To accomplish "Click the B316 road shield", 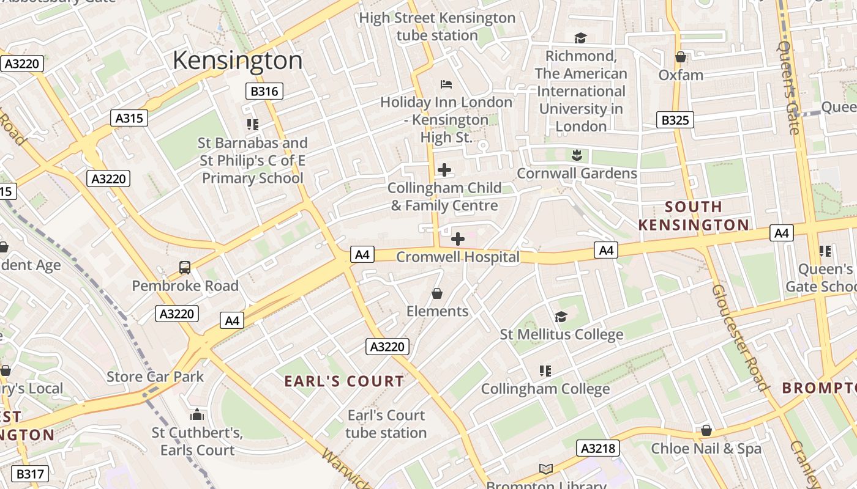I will tap(264, 92).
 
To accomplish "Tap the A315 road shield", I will tap(130, 118).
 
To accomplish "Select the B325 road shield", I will tap(675, 120).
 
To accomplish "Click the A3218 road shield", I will tap(598, 449).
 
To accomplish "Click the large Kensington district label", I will tap(238, 61).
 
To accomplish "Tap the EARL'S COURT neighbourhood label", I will tap(344, 381).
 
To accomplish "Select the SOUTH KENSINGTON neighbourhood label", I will tap(694, 216).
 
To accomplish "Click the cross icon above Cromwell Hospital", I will tap(457, 239).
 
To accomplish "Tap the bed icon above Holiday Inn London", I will tap(446, 84).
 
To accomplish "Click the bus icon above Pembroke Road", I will tap(185, 267).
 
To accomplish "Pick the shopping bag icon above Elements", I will tap(437, 293).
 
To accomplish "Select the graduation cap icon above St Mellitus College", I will tap(561, 317).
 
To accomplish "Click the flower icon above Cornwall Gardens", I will tap(576, 155).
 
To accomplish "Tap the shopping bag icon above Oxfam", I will tap(680, 57).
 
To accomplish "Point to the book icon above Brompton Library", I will tap(545, 469).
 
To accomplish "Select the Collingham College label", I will tap(545, 389).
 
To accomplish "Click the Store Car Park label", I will tap(155, 377).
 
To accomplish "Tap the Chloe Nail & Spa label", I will tap(706, 448).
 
